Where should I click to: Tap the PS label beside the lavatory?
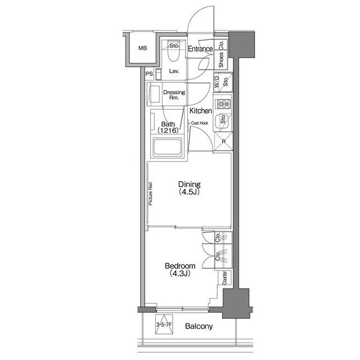(149, 74)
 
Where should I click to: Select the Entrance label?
(200, 49)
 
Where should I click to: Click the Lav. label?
(174, 71)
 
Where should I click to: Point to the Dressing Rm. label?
(174, 96)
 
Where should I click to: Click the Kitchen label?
(201, 111)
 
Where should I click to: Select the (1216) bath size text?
(168, 131)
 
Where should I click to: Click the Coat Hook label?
(200, 123)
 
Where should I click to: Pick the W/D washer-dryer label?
(217, 82)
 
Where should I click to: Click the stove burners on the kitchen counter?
(222, 103)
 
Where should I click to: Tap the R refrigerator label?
(223, 141)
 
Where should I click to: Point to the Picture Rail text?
(150, 195)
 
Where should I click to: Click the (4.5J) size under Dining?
(190, 192)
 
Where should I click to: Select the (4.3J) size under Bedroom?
(180, 274)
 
